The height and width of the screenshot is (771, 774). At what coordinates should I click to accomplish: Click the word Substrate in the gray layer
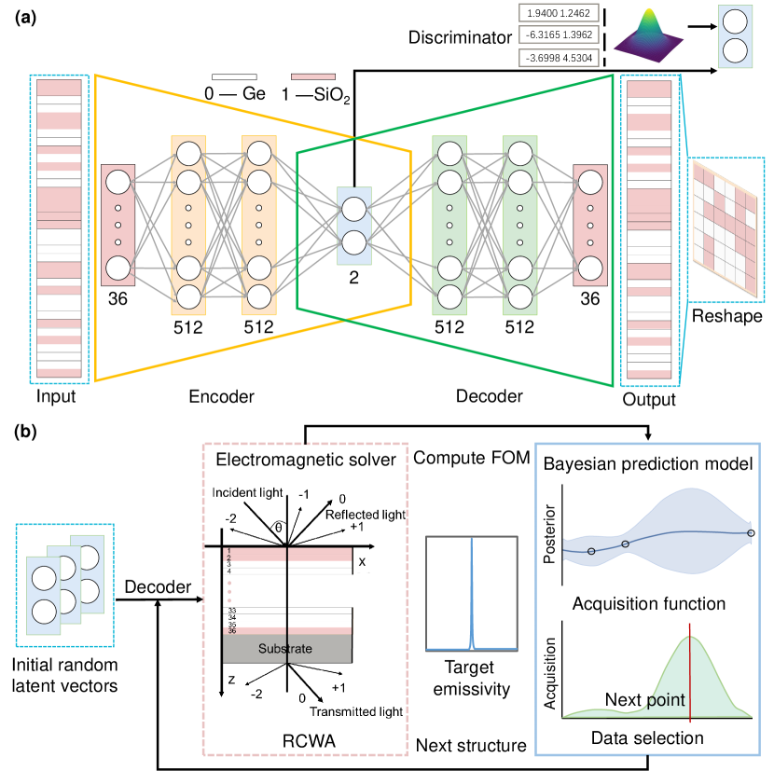point(285,649)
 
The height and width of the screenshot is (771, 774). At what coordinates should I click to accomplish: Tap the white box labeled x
point(362,562)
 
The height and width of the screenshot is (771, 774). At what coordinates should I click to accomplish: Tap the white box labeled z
point(231,681)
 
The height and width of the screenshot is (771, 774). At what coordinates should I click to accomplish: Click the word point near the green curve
point(666,700)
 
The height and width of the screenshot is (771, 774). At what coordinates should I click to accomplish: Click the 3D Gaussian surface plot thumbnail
point(649,36)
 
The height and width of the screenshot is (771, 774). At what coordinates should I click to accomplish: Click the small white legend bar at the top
point(234,76)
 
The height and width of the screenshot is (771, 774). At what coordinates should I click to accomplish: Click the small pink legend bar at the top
point(312,76)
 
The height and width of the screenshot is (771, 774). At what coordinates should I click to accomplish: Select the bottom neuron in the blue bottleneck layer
point(354,243)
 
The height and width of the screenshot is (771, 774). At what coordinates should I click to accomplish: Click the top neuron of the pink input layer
point(118,182)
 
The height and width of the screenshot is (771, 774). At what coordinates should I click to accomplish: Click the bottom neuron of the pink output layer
point(590,268)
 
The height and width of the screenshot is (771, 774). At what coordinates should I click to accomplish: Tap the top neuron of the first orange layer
point(188,153)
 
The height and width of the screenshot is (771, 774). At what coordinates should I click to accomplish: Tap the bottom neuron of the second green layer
point(520,296)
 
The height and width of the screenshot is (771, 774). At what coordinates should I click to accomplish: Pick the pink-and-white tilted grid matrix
point(725,228)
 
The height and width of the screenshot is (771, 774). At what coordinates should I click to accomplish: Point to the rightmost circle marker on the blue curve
point(750,533)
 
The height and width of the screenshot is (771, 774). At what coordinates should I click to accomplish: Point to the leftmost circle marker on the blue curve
point(591,551)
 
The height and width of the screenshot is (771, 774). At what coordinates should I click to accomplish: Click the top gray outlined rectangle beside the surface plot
point(559,13)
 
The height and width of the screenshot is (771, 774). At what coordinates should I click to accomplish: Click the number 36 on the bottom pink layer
point(232,631)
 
